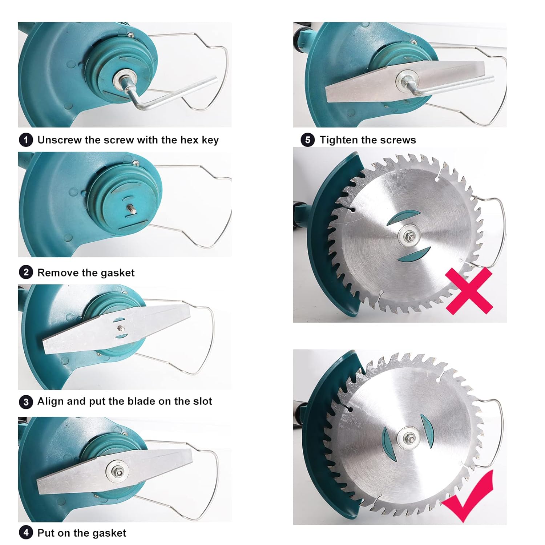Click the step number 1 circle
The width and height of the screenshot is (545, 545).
pos(26,140)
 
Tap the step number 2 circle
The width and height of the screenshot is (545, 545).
pos(26,272)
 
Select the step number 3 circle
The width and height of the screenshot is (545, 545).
pos(26,401)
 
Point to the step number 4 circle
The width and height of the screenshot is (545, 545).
pos(26,533)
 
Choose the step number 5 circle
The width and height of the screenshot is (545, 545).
pos(308,140)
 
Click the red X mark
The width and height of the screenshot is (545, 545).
pos(469,291)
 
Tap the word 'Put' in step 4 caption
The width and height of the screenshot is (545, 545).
pos(46,533)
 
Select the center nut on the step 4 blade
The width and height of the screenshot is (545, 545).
pos(117,471)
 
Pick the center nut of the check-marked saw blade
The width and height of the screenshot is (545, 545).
pos(408,439)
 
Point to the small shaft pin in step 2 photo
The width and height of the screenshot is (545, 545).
pos(130,210)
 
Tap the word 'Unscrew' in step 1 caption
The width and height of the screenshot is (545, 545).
pos(60,140)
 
